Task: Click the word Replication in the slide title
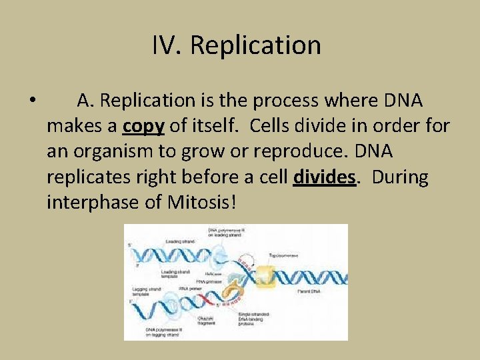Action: click(255, 45)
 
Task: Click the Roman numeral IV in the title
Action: click(167, 45)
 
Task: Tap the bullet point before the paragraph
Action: click(33, 101)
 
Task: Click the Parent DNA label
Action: click(311, 292)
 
